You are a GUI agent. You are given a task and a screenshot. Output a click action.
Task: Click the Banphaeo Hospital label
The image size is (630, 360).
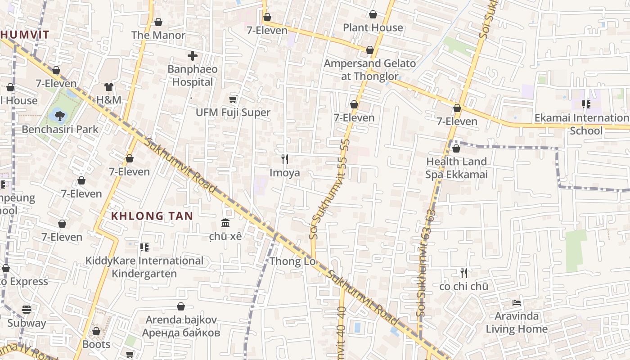[193, 76]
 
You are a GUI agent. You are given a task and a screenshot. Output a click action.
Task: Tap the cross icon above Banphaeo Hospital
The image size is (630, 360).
[193, 56]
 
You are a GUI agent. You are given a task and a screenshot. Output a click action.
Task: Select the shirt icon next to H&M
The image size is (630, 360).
[108, 86]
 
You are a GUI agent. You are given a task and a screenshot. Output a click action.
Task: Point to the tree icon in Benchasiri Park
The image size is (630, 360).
[59, 116]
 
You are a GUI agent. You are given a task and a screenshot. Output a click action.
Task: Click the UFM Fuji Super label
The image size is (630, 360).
[233, 112]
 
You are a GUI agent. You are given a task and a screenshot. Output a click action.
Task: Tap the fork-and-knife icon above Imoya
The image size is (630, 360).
[284, 159]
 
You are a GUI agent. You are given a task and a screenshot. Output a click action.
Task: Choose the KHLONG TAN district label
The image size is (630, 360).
[152, 216]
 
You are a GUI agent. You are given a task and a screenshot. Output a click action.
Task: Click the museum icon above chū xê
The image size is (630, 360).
[225, 223]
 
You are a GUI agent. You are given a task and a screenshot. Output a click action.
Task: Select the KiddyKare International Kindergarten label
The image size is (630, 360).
[144, 267]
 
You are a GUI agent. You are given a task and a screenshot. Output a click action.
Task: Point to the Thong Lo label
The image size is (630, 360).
[292, 261]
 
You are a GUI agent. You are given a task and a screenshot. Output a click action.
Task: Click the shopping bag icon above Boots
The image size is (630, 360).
[96, 331]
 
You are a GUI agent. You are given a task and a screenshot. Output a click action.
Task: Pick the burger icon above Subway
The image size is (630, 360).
[27, 310]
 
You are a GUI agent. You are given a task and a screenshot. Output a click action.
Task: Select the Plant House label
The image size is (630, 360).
[373, 27]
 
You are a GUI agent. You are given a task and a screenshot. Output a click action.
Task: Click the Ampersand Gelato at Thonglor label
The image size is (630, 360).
[369, 70]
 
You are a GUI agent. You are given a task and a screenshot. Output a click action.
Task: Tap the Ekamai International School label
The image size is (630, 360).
[581, 124]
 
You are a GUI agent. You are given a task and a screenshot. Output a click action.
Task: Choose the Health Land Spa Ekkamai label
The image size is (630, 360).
[456, 168]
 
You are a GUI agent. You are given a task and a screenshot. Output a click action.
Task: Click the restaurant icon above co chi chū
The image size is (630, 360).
[464, 273]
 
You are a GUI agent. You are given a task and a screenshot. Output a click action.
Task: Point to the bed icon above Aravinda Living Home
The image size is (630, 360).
[517, 302]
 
